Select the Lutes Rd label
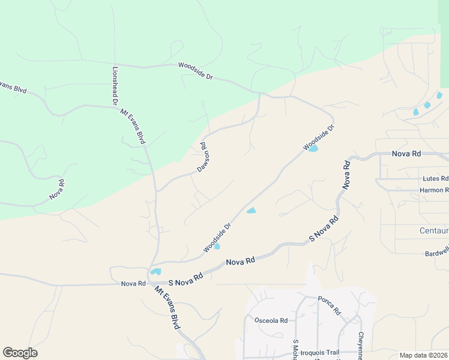tap(435, 179)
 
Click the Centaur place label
tap(434, 230)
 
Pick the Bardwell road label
tap(436, 253)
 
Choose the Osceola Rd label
tap(271, 320)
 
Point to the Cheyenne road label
tap(361, 346)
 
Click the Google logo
tap(20, 353)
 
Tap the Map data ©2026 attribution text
tap(424, 355)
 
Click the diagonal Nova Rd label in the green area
tap(57, 190)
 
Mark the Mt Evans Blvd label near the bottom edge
tap(167, 307)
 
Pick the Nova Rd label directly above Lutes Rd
tap(406, 154)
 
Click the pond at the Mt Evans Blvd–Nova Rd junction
tap(156, 271)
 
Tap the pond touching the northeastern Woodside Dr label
tap(313, 148)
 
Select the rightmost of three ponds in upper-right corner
tap(439, 95)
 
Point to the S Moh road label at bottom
tap(295, 349)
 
